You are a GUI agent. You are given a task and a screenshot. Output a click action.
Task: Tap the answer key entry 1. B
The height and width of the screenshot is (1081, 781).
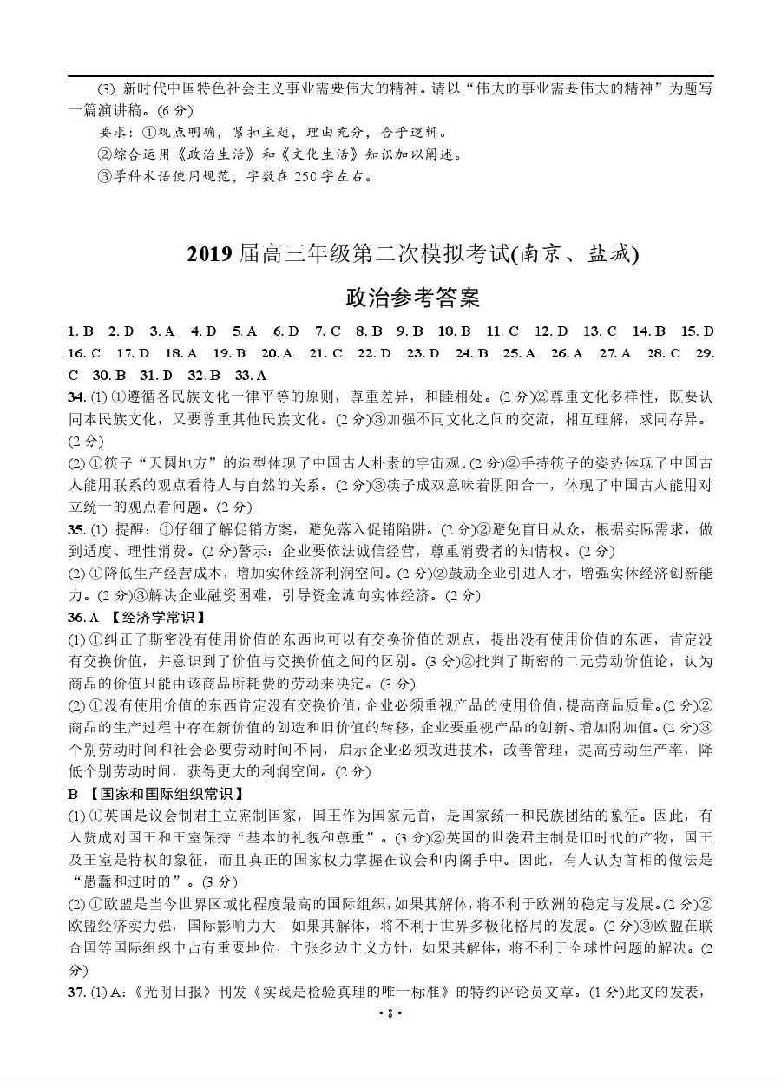coord(80,331)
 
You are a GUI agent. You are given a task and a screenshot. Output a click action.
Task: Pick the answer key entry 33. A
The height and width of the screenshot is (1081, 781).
coord(251,376)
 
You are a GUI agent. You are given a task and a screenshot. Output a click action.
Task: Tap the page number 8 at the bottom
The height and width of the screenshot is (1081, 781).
coord(390,1062)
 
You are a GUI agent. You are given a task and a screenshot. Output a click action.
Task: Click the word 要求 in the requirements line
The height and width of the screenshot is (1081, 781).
coord(115,134)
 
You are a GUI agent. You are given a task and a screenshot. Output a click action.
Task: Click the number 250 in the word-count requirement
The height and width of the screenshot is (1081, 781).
coord(279,177)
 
